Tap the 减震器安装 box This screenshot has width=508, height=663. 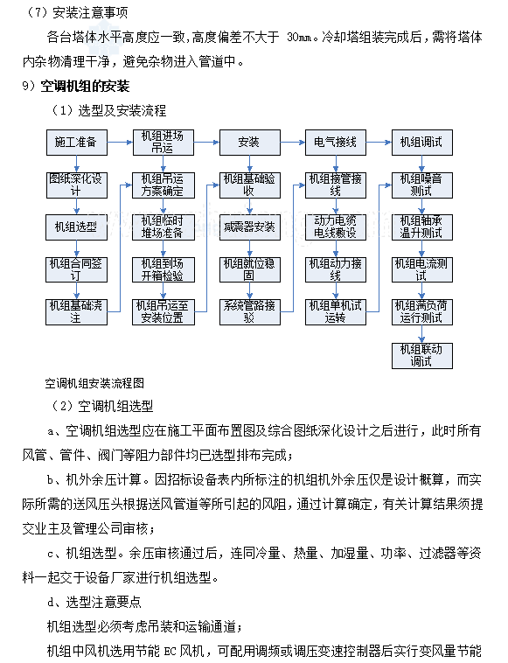249,227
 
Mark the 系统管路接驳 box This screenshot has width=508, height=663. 249,311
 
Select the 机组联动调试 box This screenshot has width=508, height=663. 421,354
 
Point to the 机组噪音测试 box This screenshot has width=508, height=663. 421,185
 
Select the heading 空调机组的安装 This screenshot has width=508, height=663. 85,86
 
